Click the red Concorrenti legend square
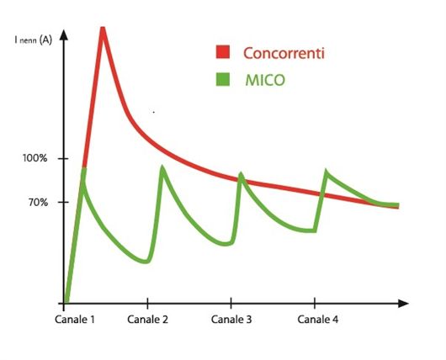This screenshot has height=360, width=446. pos(223,52)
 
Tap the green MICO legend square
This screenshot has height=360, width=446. pos(223,79)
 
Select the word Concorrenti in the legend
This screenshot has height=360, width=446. pos(284,53)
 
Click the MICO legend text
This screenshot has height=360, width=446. pos(265,80)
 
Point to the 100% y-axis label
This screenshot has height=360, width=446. pos(35,158)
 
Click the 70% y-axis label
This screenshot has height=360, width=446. pos(38,203)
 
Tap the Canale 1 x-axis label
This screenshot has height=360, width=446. pos(75,320)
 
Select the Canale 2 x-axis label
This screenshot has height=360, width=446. pos(147,320)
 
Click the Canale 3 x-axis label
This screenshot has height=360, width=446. pos(231,320)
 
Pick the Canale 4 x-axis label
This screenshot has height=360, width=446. pos(318,320)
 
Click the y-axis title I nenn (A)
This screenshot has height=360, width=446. pos(34,40)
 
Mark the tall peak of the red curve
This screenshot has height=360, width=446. pos(103,29)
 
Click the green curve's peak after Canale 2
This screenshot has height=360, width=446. pos(162,167)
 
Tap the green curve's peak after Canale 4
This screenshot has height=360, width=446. pos(327,172)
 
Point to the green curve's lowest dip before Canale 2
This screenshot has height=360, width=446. pos(145,262)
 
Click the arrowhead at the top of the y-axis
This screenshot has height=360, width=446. pos(64,34)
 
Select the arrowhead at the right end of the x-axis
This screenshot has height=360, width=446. pos(403,304)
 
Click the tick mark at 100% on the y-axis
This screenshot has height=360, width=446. pos(63,158)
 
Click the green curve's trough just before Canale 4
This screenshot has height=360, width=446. pos(311,230)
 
